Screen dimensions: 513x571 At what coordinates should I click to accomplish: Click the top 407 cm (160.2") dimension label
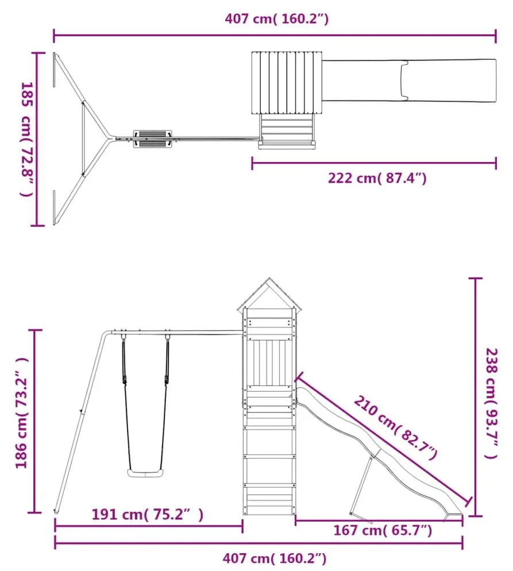point(276,18)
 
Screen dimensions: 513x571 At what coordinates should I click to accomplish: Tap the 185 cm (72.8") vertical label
point(27,139)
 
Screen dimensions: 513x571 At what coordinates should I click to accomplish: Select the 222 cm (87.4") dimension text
point(377,178)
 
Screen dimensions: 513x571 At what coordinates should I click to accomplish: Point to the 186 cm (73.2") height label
point(21,413)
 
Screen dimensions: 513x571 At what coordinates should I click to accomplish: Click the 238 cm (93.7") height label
point(492,403)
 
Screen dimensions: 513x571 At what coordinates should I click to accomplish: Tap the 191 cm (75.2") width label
point(147,514)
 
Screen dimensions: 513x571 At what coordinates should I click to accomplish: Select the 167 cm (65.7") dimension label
point(383,530)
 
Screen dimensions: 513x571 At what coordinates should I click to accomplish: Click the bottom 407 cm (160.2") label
point(275,558)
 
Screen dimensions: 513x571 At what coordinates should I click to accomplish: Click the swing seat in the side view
point(145,473)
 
